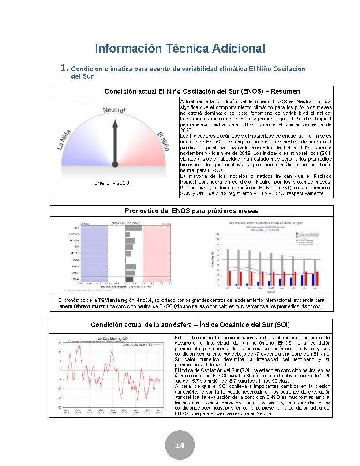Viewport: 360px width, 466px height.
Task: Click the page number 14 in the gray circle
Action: [180, 445]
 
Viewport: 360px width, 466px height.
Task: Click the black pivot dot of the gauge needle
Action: [115, 165]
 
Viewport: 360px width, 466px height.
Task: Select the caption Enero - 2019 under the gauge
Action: [112, 183]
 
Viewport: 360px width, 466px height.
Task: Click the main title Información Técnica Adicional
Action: [180, 48]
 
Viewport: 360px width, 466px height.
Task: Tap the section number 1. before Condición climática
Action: [64, 68]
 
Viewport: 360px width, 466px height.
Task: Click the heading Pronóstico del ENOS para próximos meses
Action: [191, 210]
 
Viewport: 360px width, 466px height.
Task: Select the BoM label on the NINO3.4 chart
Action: [77, 228]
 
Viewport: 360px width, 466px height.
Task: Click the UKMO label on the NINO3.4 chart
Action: [75, 273]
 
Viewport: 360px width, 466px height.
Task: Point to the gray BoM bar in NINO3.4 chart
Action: [133, 228]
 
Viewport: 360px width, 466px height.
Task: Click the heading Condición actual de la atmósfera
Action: [190, 325]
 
